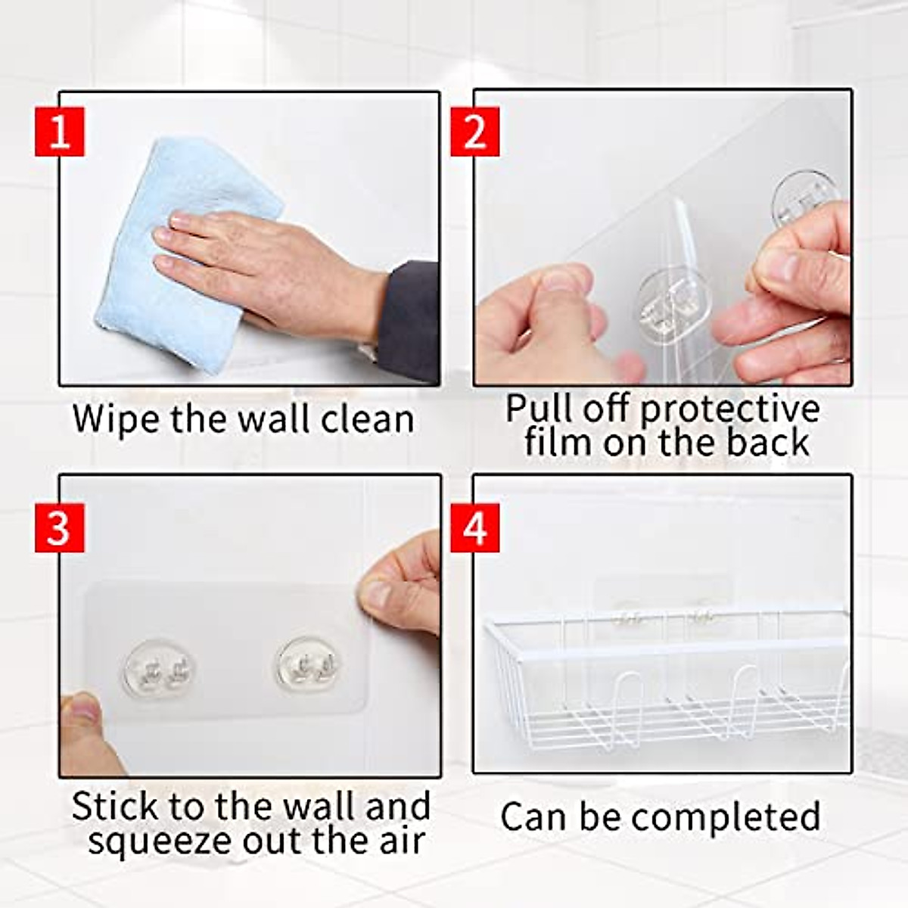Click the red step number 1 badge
59,131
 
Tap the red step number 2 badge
474,131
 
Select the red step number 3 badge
59,528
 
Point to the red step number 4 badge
474,528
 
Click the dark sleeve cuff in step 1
409,318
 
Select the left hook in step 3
158,670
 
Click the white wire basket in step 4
666,681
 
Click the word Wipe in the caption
117,418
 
